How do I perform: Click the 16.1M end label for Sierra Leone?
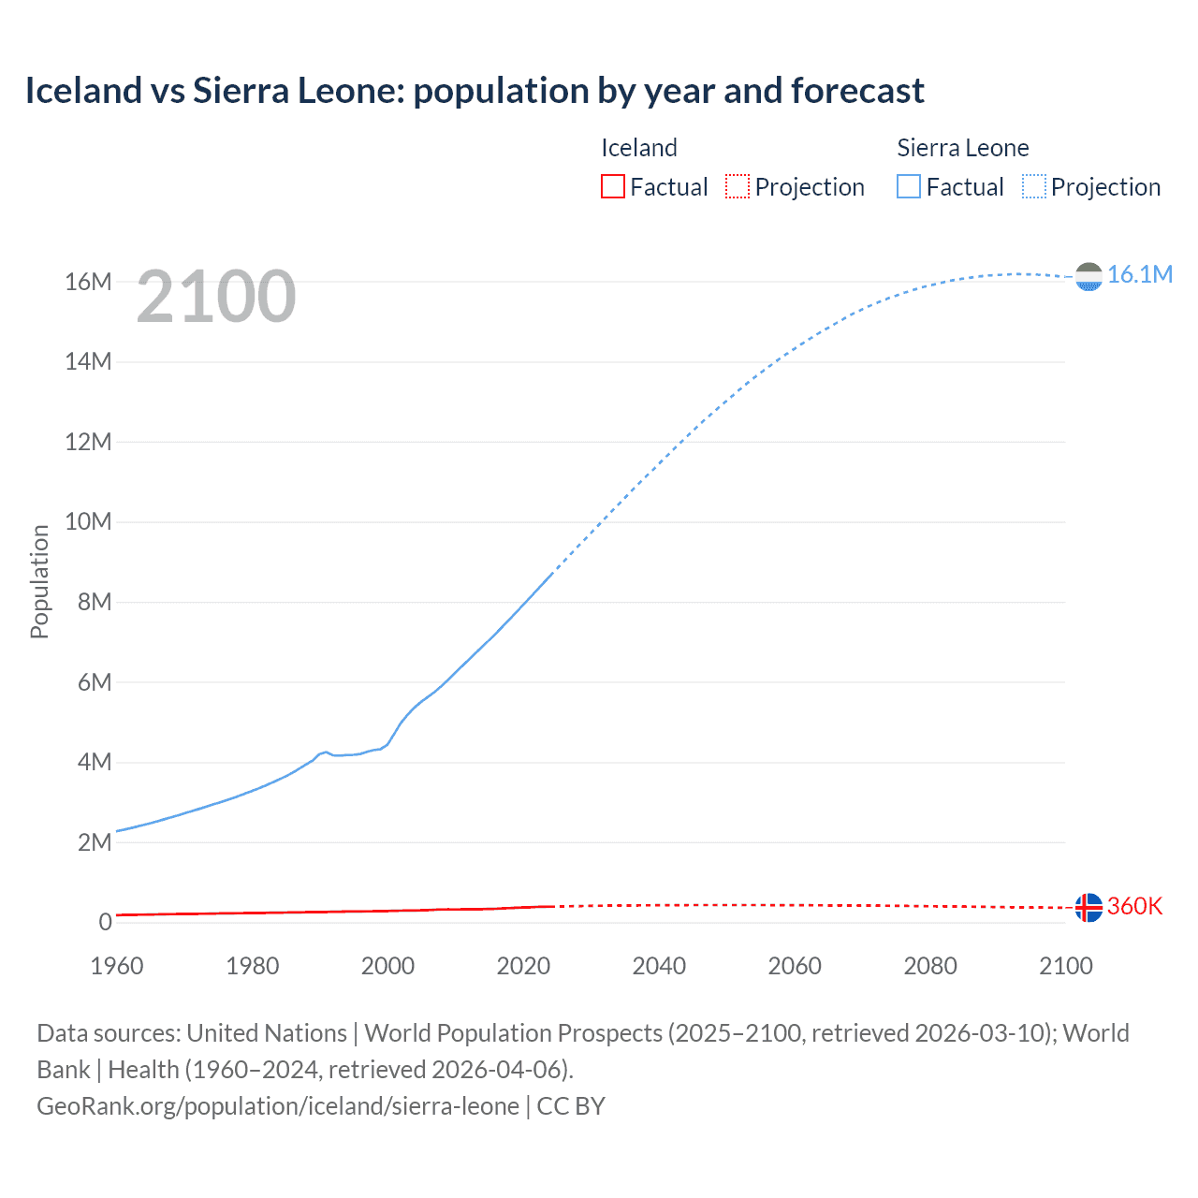click(1139, 274)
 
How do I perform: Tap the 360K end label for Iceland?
click(1134, 906)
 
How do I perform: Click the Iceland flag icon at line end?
click(1088, 907)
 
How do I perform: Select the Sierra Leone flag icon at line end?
click(1088, 276)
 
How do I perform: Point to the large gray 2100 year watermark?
click(216, 297)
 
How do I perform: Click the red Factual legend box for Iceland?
click(612, 187)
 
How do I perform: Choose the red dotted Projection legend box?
click(738, 187)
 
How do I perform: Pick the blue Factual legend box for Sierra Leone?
click(908, 187)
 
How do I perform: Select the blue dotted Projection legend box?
click(1034, 187)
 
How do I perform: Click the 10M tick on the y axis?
click(88, 521)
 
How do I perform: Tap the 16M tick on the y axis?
click(88, 282)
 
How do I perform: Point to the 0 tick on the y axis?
click(105, 922)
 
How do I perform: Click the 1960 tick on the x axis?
click(117, 966)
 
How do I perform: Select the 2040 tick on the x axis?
click(659, 966)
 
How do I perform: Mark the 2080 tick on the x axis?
click(930, 966)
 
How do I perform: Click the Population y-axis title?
click(39, 581)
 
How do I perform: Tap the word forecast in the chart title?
click(857, 91)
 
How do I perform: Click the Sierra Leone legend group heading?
click(962, 148)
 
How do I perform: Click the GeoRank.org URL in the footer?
click(278, 1106)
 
